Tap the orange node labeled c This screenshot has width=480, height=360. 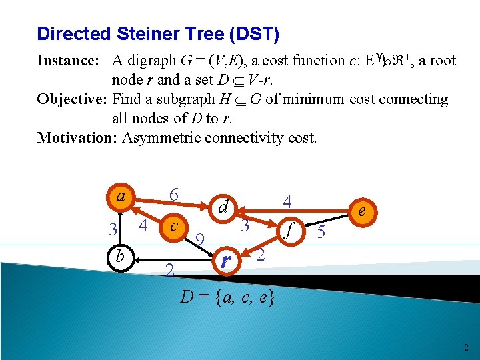click(173, 227)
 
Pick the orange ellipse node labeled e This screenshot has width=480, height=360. click(361, 211)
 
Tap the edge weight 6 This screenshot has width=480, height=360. click(173, 195)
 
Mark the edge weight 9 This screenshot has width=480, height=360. click(199, 239)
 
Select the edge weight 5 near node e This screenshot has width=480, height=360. click(321, 233)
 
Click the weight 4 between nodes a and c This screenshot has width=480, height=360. click(143, 227)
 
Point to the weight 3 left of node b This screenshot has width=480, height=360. click(113, 229)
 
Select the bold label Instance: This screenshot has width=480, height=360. click(68, 61)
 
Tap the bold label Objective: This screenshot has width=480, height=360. click(73, 99)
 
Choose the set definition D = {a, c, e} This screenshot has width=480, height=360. click(227, 297)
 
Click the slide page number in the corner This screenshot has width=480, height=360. click(466, 347)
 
